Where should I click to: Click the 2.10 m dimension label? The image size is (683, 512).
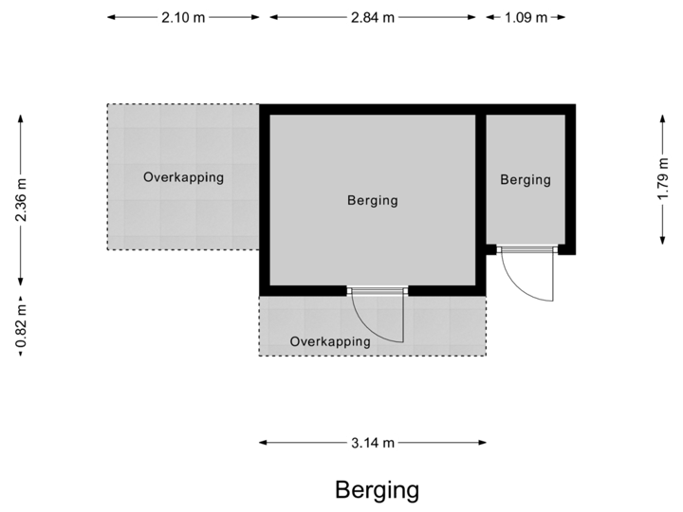182,18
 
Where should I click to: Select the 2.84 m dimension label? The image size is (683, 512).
372,18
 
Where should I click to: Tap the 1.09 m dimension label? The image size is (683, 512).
526,18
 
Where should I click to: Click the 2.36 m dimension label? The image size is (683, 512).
21,200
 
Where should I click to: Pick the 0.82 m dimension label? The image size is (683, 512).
21,325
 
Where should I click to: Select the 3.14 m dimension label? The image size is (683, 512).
372,442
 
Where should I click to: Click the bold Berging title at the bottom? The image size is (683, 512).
377,489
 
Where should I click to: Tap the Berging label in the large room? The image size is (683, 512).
372,200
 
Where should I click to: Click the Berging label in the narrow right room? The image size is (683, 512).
526,179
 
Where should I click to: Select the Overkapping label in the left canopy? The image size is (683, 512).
183,176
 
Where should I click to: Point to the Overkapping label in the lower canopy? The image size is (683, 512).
330,341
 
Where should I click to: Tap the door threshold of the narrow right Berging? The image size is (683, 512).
526,250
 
